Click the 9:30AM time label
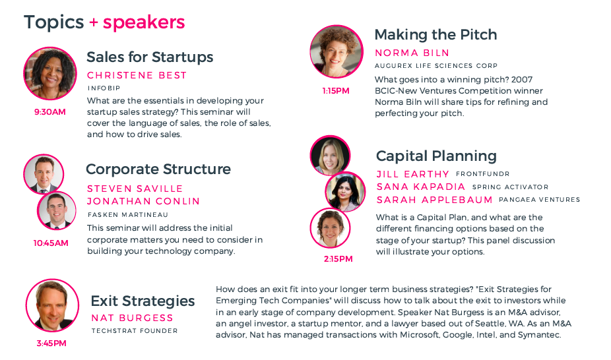coord(50,112)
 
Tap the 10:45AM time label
coord(51,243)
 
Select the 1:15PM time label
coord(336,91)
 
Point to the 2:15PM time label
coord(338,259)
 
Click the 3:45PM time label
coord(51,344)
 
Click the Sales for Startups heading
coord(150,57)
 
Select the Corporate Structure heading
coord(158,169)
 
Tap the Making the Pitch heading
coord(435,35)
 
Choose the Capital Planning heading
coord(436,156)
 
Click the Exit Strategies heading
coord(143,301)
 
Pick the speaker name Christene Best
coord(137,75)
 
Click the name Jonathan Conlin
coord(143,201)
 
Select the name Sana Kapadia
coord(421,187)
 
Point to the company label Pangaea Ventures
coord(539,200)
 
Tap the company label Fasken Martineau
coord(128,215)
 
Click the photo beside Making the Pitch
coord(337,52)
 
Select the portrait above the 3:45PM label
coord(52,305)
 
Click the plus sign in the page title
coord(94,22)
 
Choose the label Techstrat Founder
coord(135,331)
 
